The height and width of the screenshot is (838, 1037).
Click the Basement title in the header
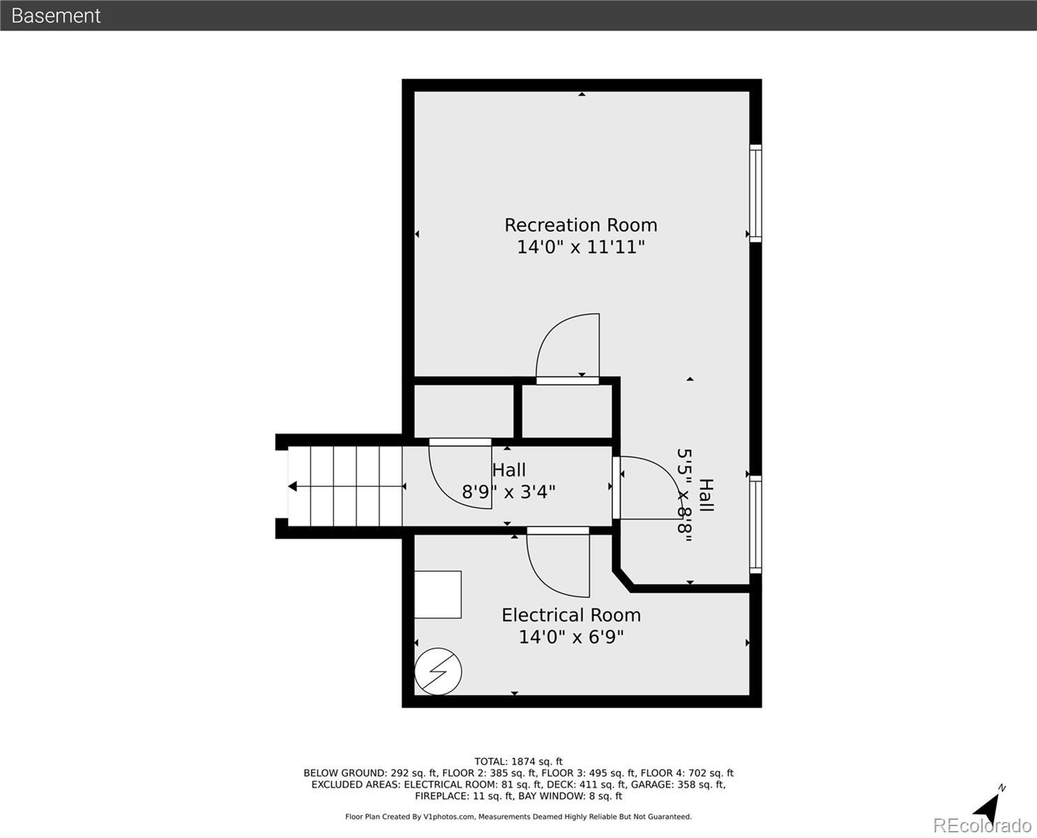pos(56,15)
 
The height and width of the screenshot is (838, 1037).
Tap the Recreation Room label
pos(581,225)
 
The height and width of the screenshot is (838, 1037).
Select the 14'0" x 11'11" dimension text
pos(581,247)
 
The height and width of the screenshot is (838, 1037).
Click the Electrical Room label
pos(571,615)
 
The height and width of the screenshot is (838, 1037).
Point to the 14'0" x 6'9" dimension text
pos(571,637)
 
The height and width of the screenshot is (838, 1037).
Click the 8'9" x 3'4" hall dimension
pos(509,492)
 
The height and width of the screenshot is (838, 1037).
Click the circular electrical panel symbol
pos(438,672)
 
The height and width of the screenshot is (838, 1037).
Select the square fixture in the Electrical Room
pos(438,594)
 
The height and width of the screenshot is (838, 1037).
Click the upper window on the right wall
pos(755,193)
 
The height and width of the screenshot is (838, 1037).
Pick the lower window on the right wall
pos(755,524)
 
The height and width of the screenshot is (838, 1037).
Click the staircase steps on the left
pos(346,486)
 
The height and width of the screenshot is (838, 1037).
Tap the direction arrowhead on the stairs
pos(293,487)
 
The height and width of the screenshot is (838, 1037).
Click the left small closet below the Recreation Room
pos(465,411)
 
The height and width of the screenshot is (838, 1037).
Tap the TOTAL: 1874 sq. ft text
pos(518,762)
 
